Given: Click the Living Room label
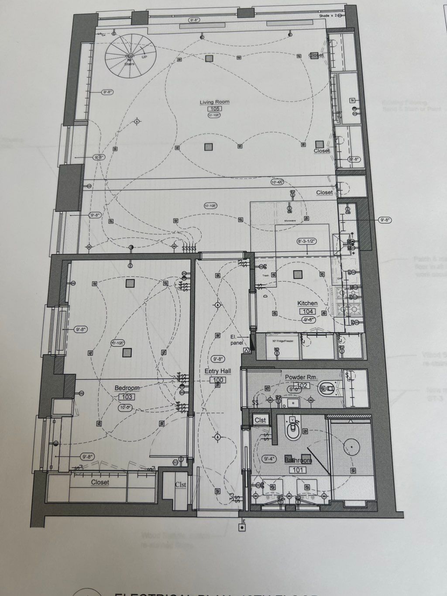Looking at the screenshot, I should pos(214,102).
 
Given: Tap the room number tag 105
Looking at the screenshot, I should pos(214,109).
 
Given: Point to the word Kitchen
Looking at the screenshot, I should pos(307,303).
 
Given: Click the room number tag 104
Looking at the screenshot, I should pos(307,311).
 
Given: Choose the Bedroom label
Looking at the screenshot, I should pos(127,388).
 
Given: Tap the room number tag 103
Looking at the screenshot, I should pos(127,397).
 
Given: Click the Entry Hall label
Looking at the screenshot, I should pos(218,371).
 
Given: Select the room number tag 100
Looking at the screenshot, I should pos(218,380).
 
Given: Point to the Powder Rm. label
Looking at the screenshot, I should pos(301,377).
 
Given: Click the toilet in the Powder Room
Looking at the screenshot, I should pos(327,387).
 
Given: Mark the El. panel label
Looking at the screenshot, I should pos(237,340).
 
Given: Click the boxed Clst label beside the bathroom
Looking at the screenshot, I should pos(260,420).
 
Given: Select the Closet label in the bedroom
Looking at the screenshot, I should pos(100,482).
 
